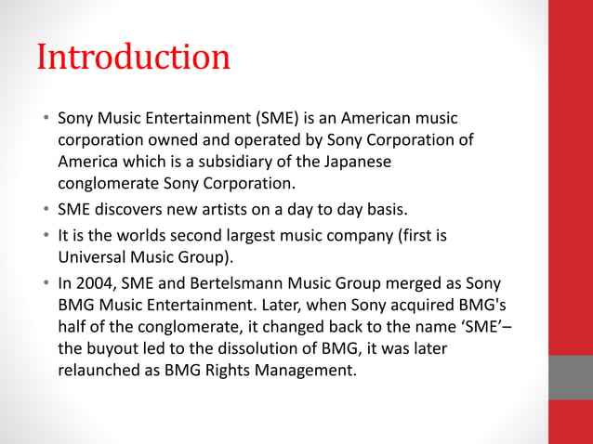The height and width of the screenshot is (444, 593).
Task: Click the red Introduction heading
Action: [133, 58]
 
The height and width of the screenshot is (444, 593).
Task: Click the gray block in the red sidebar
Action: [570, 377]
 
